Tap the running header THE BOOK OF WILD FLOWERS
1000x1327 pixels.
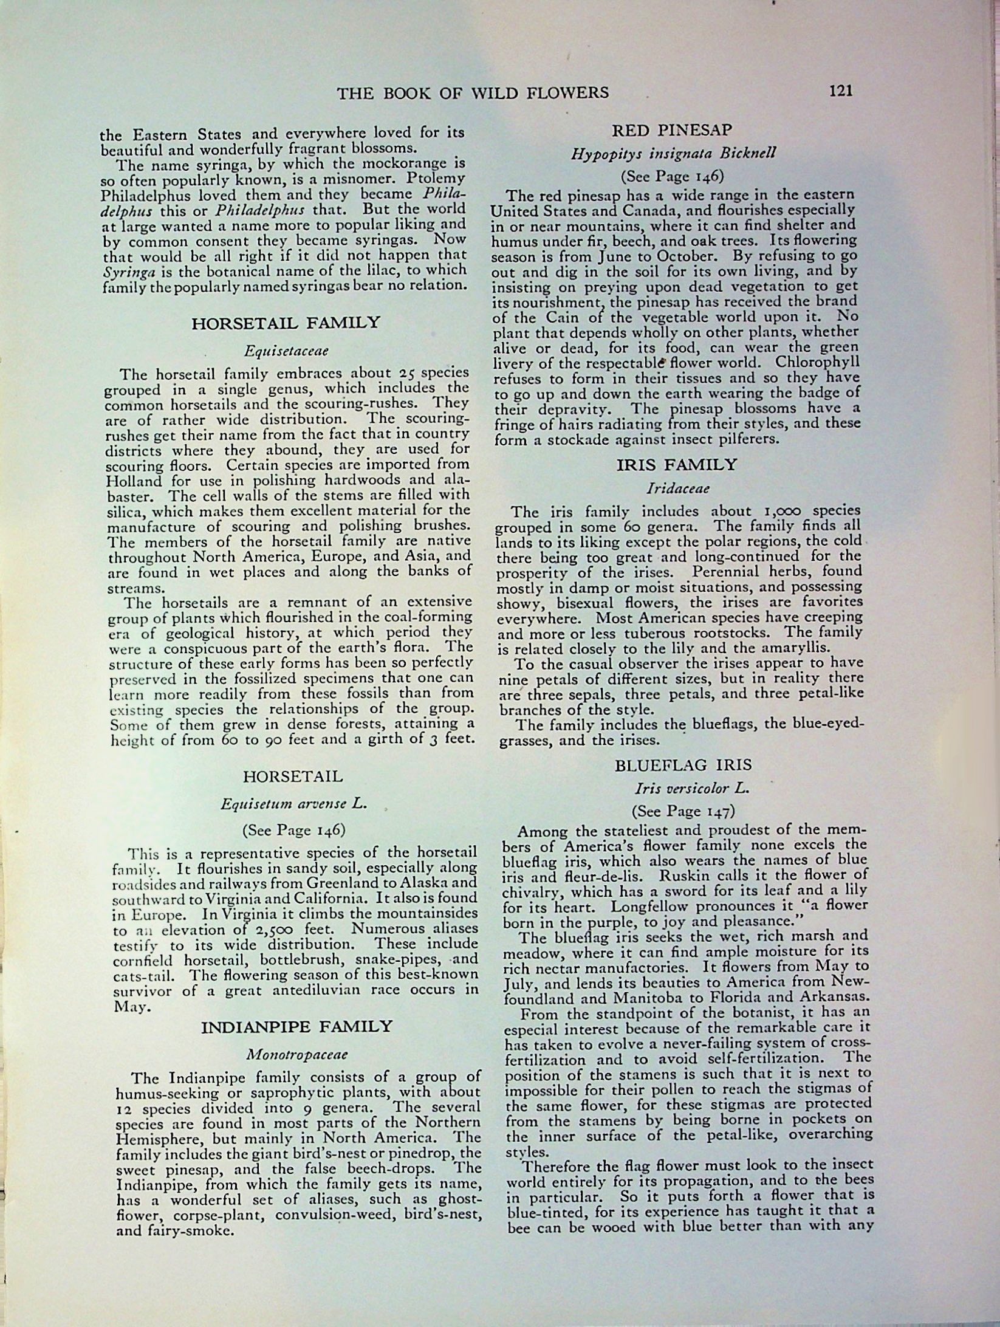coord(473,92)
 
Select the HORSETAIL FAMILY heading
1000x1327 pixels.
coord(286,322)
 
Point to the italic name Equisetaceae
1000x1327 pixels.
coord(287,351)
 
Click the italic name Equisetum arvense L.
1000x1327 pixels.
coord(293,803)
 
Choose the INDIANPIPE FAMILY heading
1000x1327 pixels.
coord(296,1027)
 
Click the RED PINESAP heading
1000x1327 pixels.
coord(673,129)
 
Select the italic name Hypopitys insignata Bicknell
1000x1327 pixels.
coord(673,153)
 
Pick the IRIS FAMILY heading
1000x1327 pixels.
coord(676,465)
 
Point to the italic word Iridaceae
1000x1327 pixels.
coord(678,488)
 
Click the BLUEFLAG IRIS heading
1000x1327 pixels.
coord(684,765)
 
